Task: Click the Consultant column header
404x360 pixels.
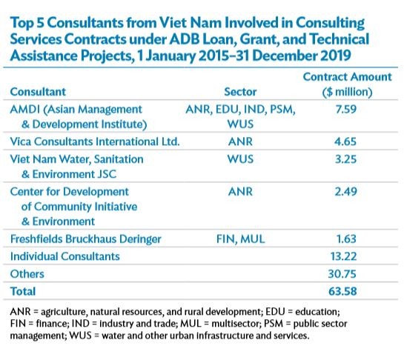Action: [38, 92]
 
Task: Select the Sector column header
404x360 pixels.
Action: [240, 92]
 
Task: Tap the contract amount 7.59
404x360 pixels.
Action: [345, 109]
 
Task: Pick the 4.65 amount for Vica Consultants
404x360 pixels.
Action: [345, 141]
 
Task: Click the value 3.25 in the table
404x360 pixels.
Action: [345, 159]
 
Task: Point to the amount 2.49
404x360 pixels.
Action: [345, 192]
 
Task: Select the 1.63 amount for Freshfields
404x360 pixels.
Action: [346, 239]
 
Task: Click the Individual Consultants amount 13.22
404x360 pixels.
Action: [343, 256]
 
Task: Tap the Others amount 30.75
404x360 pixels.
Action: [342, 274]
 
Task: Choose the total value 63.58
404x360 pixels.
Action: [342, 292]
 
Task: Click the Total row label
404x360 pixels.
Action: [23, 292]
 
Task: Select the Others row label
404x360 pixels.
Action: [27, 274]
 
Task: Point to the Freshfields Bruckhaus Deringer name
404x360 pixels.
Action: [85, 239]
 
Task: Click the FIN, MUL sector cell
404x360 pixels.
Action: [240, 239]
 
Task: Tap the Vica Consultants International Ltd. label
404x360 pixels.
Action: [95, 141]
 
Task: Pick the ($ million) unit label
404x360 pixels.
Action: [348, 92]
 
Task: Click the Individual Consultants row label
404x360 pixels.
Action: [65, 256]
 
